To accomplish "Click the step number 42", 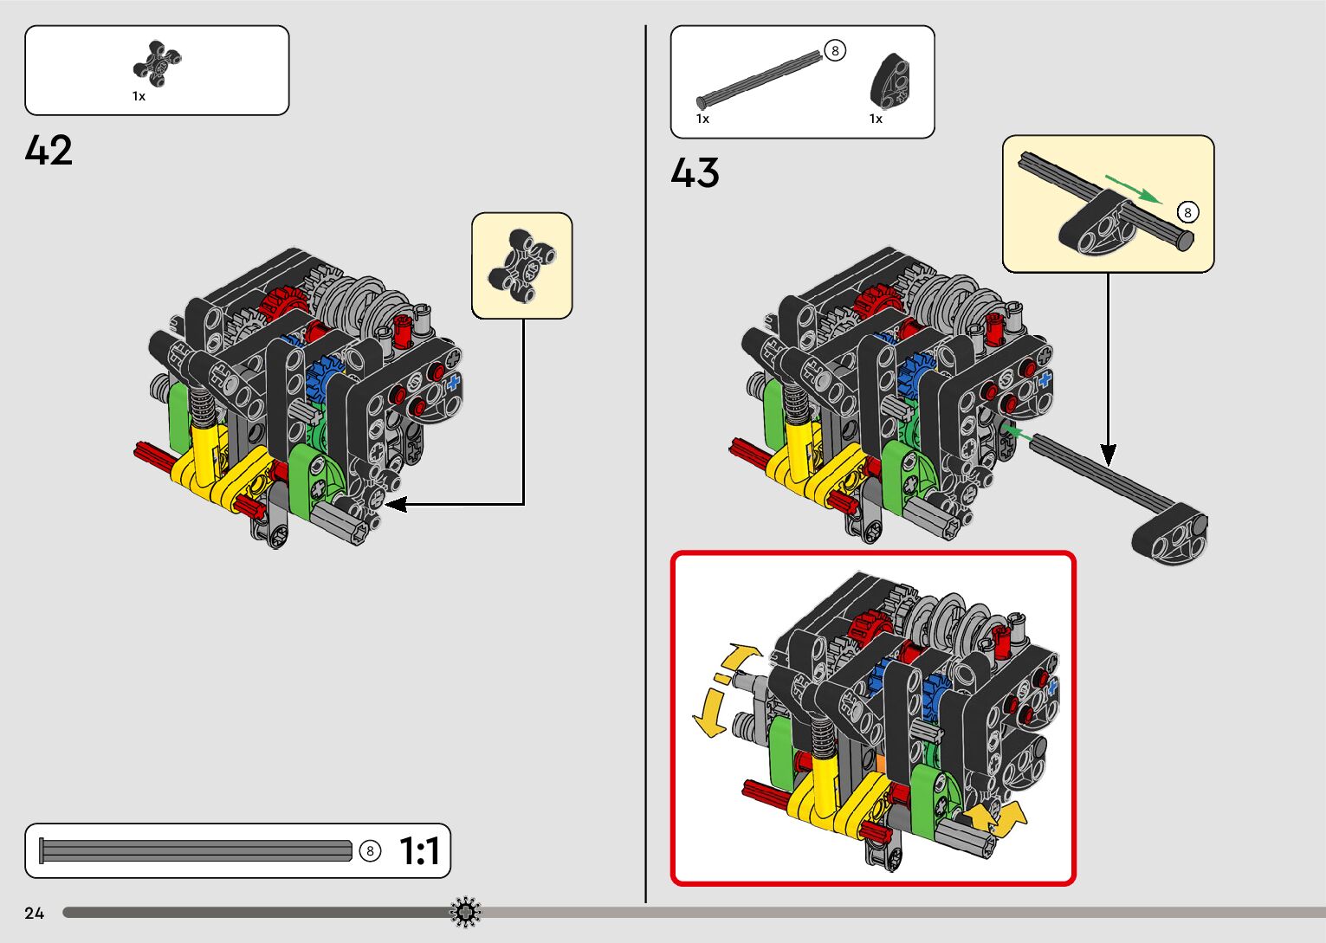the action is pos(49,150).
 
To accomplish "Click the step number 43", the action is pos(695,172).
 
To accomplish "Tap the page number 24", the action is pos(35,913).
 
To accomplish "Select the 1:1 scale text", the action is pos(420,850).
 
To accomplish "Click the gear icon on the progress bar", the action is pos(465,912).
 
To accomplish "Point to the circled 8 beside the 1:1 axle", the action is pos(370,851).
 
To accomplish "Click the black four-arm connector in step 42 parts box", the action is pos(157,63).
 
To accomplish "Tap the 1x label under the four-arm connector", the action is pos(139,96).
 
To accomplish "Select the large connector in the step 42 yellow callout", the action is pos(521,265).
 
